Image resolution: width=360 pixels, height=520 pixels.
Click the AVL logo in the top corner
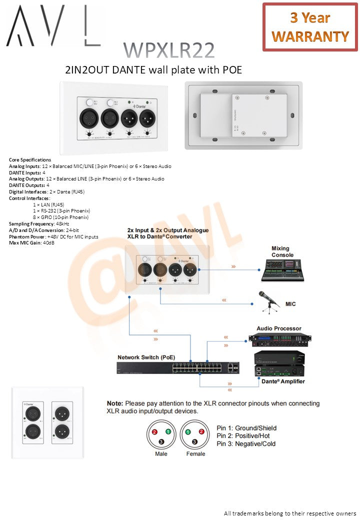pos(52,26)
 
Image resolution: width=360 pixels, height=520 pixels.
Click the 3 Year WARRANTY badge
pos(310,27)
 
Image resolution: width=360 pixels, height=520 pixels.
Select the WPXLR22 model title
pos(169,50)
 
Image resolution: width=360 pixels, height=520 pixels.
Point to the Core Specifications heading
pos(30,159)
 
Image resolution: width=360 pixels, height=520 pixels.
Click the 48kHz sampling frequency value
pos(62,223)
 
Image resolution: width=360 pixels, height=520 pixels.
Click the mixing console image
pos(283,268)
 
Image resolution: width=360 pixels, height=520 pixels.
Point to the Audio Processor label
pos(279,328)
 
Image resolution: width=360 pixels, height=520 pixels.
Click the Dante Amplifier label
pos(283,381)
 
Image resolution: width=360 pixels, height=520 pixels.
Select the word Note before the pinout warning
pos(115,403)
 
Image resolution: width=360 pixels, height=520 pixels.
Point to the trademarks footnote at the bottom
pos(289,513)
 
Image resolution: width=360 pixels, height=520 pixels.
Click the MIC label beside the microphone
pos(290,304)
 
